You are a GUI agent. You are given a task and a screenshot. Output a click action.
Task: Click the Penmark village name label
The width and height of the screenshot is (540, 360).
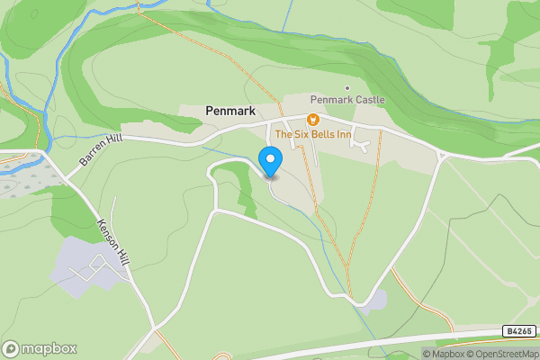(230, 111)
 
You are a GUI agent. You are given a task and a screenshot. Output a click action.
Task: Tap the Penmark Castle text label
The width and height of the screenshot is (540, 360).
(347, 99)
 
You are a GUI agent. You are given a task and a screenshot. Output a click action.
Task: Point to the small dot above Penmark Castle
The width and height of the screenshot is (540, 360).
(347, 87)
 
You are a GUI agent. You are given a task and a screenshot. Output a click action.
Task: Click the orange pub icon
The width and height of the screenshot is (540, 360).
(312, 119)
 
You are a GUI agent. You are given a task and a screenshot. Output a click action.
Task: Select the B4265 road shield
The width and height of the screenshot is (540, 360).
(519, 331)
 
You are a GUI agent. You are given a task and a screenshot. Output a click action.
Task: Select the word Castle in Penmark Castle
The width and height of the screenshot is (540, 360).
(369, 99)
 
